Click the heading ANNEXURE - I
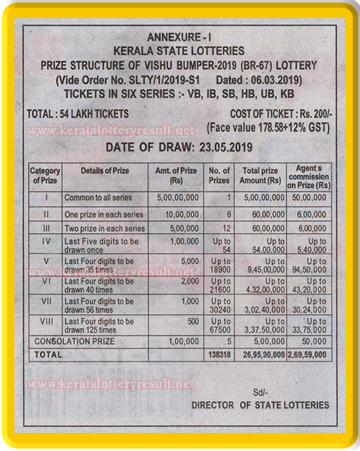tap(179, 38)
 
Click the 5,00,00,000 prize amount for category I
tap(177, 198)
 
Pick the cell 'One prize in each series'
tap(104, 213)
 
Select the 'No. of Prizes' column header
tap(219, 175)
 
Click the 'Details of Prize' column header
tap(104, 170)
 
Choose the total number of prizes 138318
tap(219, 355)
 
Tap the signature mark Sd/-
tap(260, 392)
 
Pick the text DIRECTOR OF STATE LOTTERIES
tap(260, 405)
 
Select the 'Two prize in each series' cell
tap(104, 228)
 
